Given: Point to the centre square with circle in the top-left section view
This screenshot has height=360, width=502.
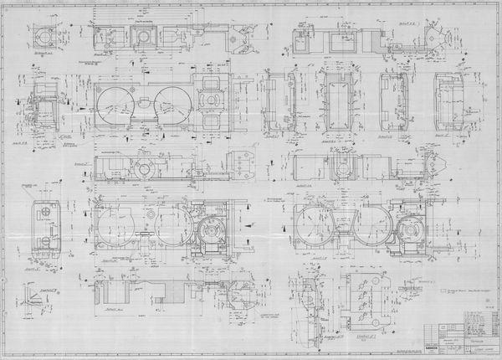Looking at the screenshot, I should coord(144,37).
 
